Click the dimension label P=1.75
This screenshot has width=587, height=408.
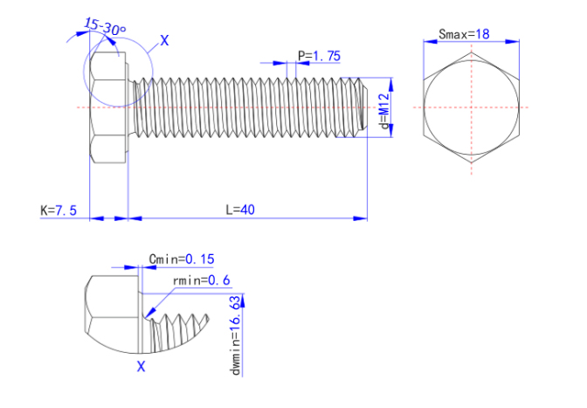[319, 56]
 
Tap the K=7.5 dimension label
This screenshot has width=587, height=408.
[59, 211]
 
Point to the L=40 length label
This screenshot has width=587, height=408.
[245, 210]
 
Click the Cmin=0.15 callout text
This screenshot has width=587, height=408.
[182, 259]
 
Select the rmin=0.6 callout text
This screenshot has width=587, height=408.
[202, 280]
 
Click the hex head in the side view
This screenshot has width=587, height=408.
[109, 107]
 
